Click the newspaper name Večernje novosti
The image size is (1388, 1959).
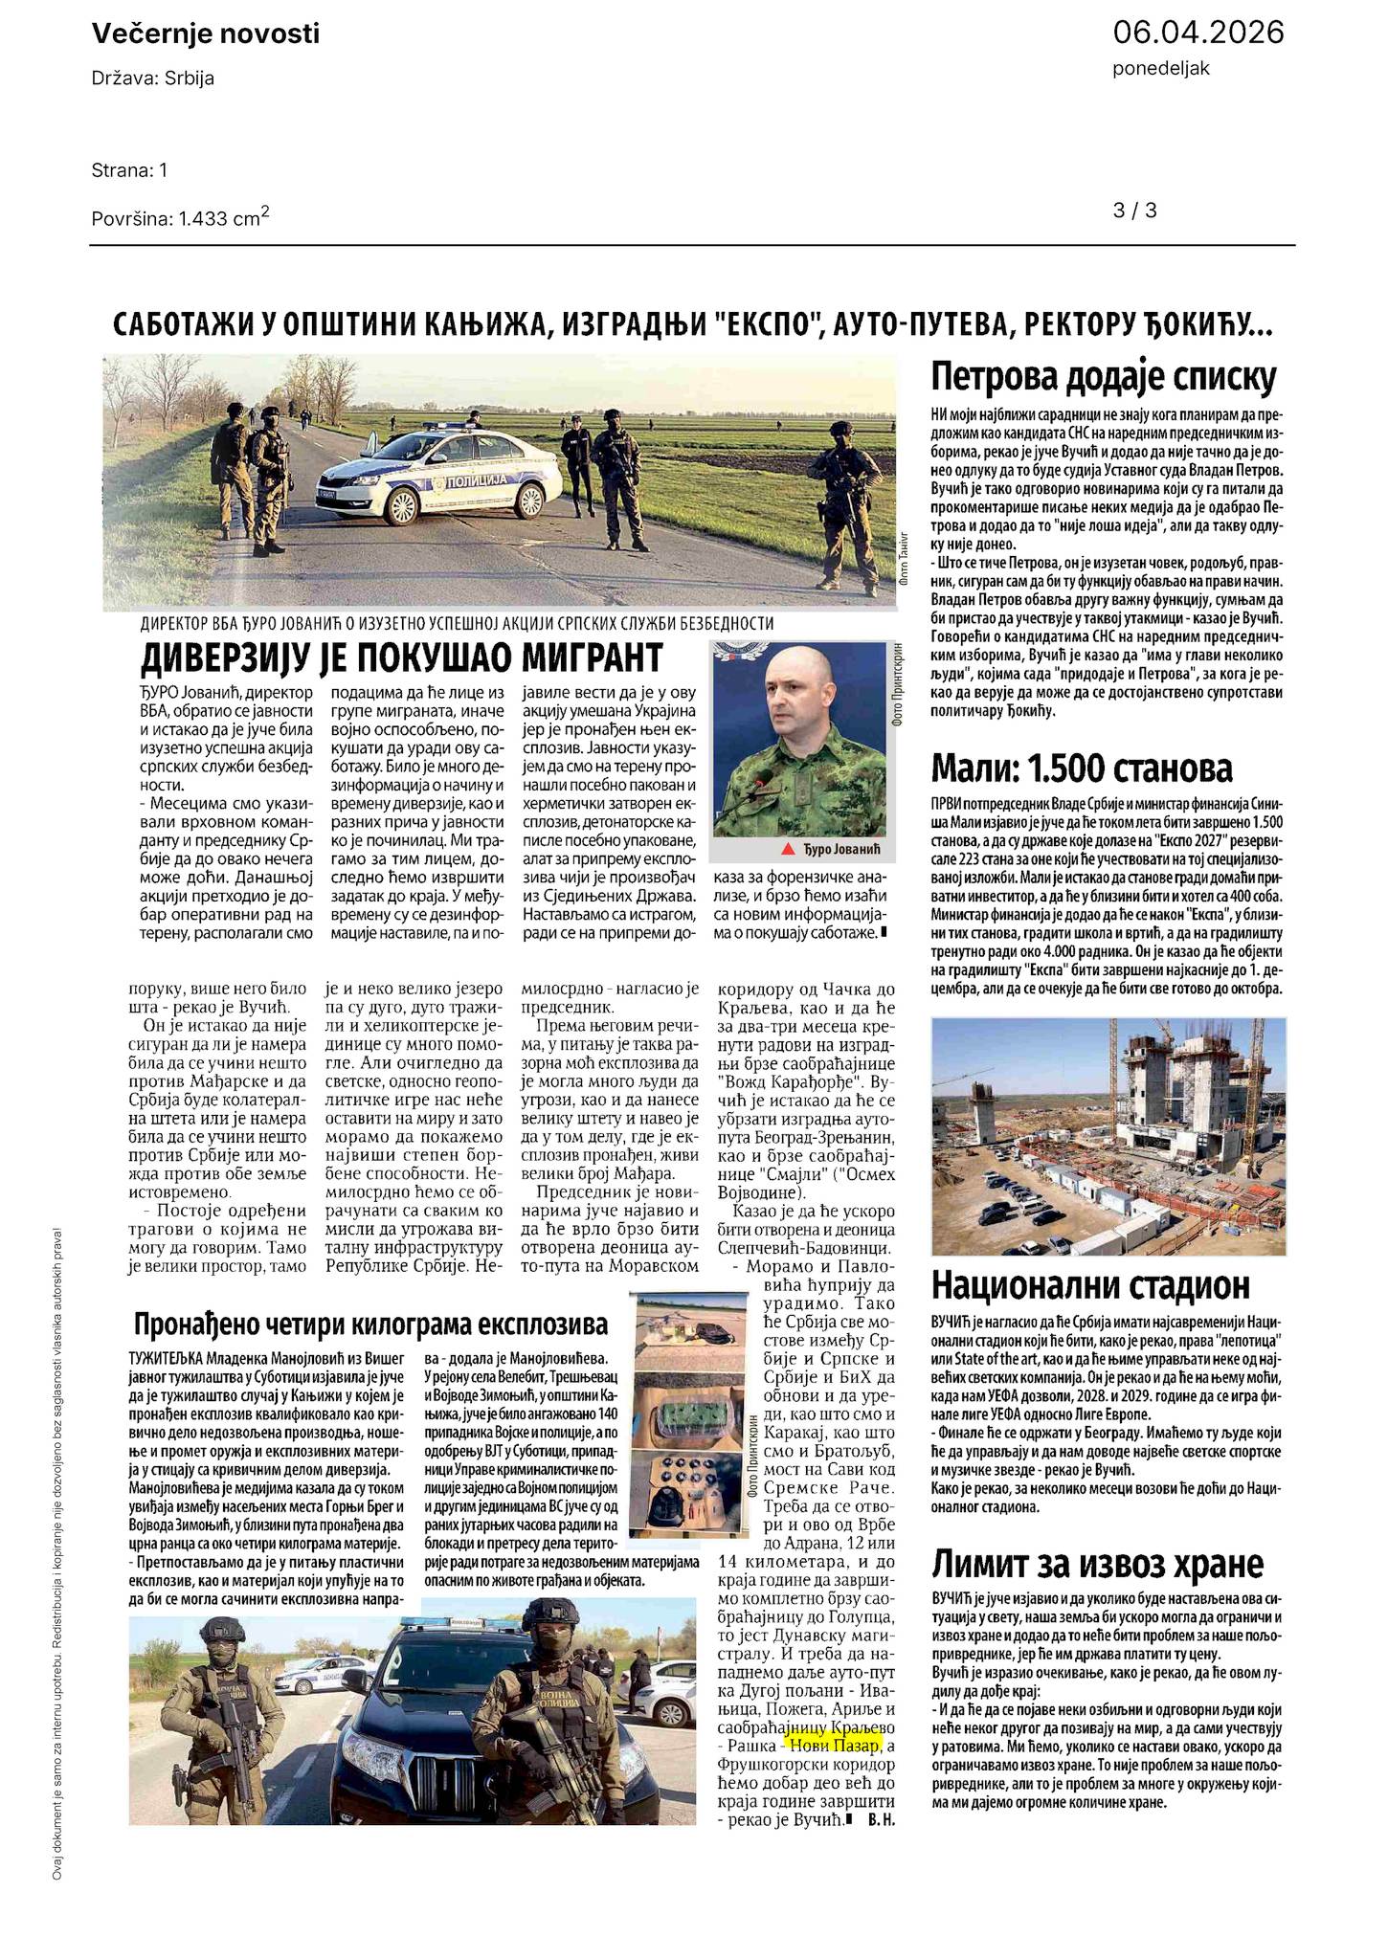(x=206, y=34)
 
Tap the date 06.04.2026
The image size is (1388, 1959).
(x=1198, y=33)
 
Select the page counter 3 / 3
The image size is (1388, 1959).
(x=1135, y=211)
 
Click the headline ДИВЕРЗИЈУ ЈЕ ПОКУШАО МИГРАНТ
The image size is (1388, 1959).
(x=401, y=658)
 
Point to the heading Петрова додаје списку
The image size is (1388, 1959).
(x=1104, y=378)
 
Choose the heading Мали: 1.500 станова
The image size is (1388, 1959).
(x=1082, y=768)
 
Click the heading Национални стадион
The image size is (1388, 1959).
(x=1090, y=1284)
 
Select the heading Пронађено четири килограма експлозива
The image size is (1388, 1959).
(x=370, y=1325)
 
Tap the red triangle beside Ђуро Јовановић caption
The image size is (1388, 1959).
(x=788, y=850)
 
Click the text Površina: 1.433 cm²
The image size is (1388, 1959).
(x=180, y=217)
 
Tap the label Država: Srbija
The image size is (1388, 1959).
(x=153, y=78)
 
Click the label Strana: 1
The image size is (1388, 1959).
(x=129, y=170)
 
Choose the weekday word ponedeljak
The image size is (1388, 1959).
(x=1160, y=69)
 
